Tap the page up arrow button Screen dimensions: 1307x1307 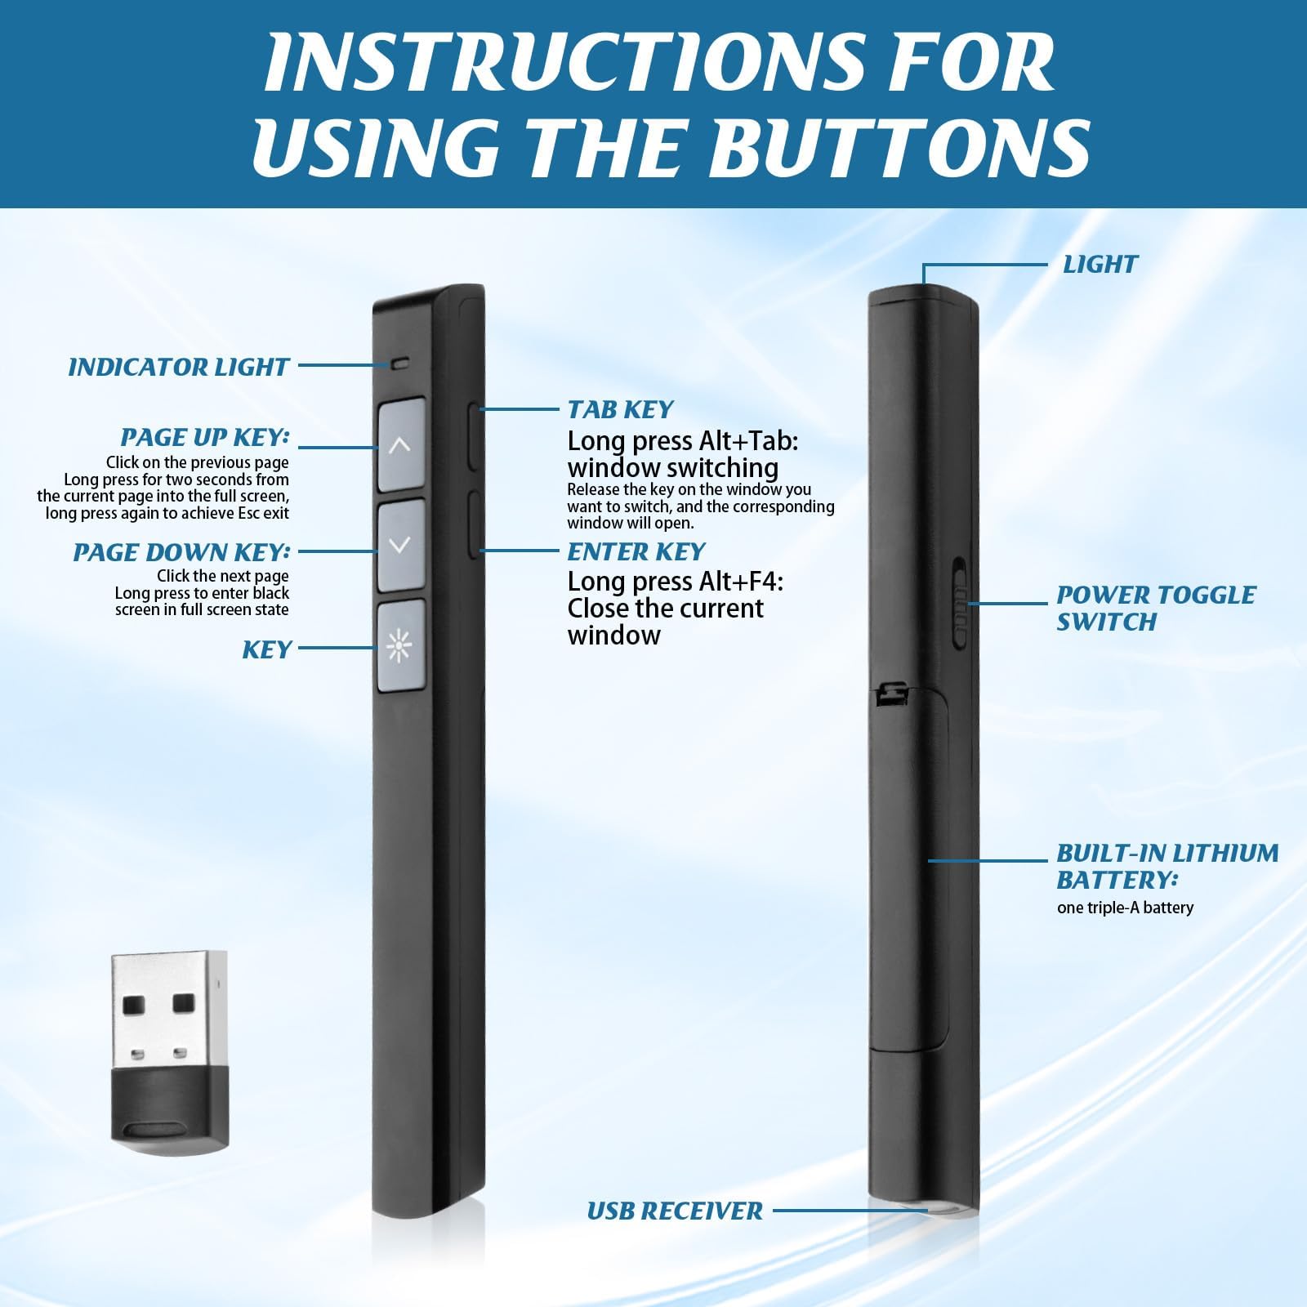point(400,445)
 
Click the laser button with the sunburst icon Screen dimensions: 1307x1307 point(400,646)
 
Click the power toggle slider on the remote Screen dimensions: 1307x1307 point(960,604)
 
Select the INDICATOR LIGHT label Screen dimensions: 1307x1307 point(178,368)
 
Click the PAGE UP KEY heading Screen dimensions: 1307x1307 point(205,438)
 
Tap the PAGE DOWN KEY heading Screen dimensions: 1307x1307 point(181,553)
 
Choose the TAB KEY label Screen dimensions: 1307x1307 point(621,410)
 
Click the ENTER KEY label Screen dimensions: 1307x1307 point(636,552)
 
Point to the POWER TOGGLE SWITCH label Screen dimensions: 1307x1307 point(1156,609)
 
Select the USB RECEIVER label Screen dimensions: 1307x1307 point(675,1211)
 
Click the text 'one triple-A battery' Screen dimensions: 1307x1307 point(1125,908)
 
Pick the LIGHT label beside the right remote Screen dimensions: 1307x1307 point(1100,265)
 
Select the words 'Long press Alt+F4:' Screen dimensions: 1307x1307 point(676,582)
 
